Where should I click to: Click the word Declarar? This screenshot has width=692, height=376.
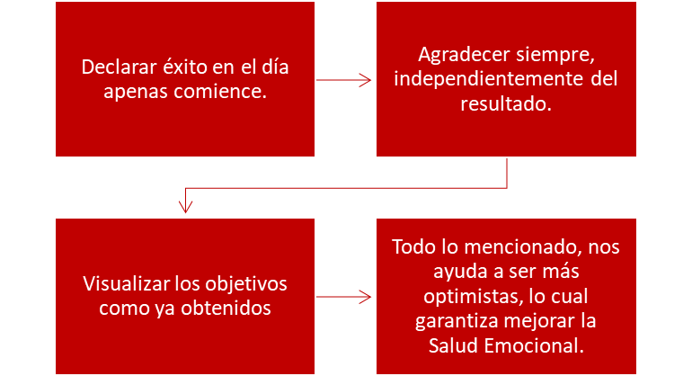pos(119,67)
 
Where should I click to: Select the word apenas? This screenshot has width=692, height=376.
pos(136,93)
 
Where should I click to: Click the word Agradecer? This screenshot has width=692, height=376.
pos(464,55)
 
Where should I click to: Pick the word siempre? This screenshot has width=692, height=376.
pos(555,56)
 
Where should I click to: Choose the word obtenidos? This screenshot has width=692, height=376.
pos(226,308)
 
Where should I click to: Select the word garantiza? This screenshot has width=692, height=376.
pos(457,321)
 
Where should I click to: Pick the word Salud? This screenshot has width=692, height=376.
pos(453,345)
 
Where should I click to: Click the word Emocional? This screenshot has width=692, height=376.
pos(534,345)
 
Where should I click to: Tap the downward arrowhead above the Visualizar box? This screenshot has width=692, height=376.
pos(185,207)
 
